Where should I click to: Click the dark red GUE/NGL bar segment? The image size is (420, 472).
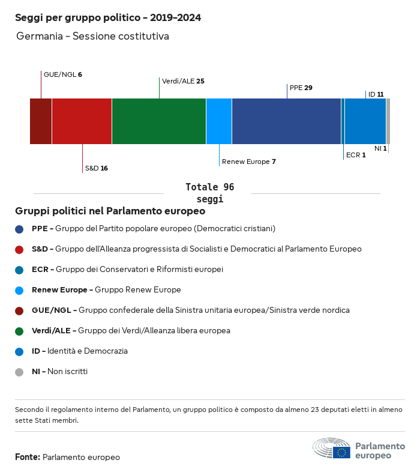41,121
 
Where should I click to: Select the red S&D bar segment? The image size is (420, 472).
82,121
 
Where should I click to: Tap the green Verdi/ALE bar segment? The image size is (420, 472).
159,121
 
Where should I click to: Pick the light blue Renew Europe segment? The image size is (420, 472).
219,121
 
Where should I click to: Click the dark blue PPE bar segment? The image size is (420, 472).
286,121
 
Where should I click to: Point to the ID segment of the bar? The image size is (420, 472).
365,121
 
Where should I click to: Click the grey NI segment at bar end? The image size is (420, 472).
388,121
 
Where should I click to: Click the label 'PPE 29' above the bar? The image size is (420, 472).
301,88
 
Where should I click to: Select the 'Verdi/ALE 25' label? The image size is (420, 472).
183,81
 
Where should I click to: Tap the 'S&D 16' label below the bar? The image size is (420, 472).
96,168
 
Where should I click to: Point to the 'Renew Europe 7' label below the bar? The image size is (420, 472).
248,162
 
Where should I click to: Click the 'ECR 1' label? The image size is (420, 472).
356,155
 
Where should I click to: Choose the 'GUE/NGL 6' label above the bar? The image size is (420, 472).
62,74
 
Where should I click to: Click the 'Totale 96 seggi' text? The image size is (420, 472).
209,193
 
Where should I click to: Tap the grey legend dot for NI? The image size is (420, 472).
19,372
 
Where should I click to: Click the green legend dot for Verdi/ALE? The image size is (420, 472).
19,331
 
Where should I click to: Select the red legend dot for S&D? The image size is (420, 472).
19,249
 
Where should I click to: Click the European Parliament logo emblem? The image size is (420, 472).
331,449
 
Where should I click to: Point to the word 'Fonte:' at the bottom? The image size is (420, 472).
28,458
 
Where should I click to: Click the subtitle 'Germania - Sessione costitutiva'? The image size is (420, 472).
92,37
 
